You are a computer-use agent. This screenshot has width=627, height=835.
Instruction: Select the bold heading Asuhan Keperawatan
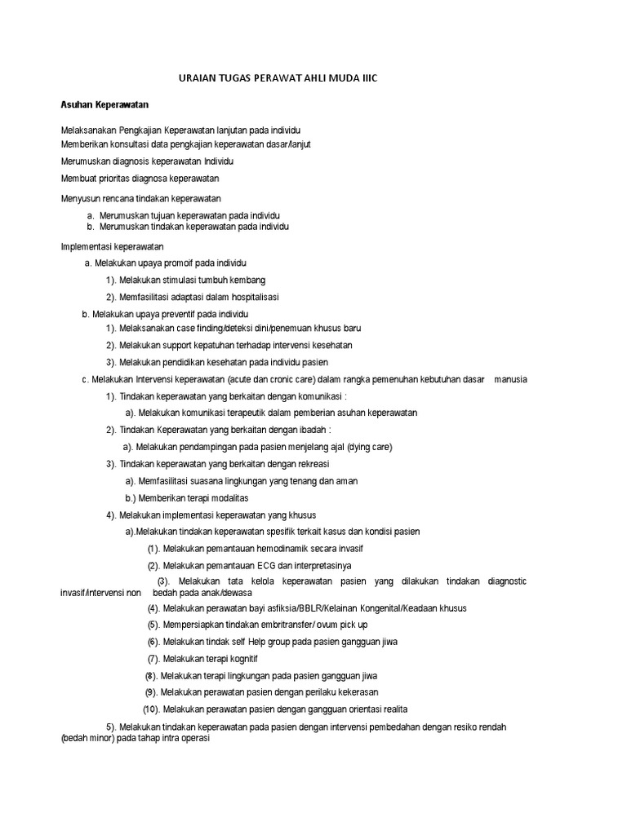coord(104,105)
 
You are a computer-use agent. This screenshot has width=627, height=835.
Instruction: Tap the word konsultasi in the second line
coord(129,144)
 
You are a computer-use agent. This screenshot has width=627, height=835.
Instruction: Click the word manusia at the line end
coord(509,379)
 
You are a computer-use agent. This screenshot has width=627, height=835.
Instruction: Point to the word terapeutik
coord(245,413)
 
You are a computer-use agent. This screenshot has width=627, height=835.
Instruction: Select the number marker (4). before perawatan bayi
coord(153,608)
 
